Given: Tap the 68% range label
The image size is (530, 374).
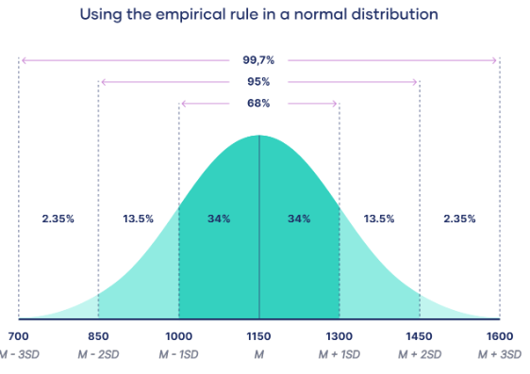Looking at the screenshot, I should point(258,103).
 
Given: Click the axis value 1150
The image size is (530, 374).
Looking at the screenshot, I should point(258,336).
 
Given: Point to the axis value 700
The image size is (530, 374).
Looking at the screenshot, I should point(18,336).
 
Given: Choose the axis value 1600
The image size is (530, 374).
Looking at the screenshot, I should point(499,336).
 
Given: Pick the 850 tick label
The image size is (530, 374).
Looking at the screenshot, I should point(98,336).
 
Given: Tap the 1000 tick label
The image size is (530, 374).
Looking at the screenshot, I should point(178,336).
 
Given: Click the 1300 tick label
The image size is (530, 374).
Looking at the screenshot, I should point(339,336).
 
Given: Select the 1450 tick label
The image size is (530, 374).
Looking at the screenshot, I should point(419,336).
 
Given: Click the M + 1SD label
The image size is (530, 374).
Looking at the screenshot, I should point(339,354).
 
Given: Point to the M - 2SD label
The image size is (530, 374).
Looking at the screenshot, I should point(98,354).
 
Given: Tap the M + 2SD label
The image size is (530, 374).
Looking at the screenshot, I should point(419,354).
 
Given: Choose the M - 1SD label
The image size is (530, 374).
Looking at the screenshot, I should point(178,354).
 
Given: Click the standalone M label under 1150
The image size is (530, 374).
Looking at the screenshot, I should point(258,354).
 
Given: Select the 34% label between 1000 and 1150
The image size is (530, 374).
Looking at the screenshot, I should point(219,219).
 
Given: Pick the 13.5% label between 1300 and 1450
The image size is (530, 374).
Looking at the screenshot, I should point(379,219).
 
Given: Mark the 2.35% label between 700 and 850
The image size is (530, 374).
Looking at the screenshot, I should point(58,219).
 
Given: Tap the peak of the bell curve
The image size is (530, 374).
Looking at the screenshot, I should point(258,137).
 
